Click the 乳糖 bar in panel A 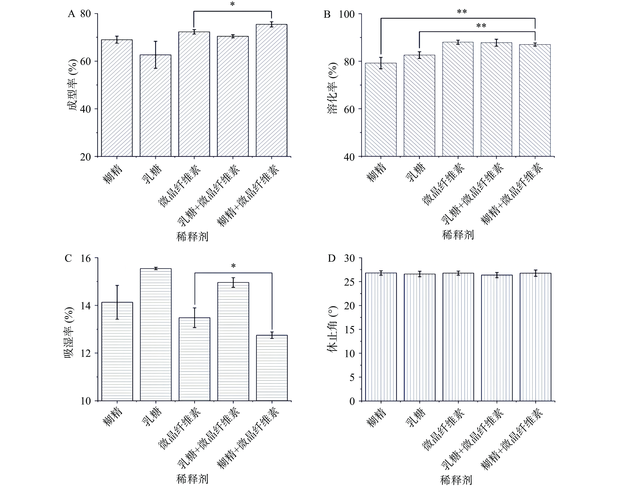coord(155,105)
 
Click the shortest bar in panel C coord(272,368)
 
